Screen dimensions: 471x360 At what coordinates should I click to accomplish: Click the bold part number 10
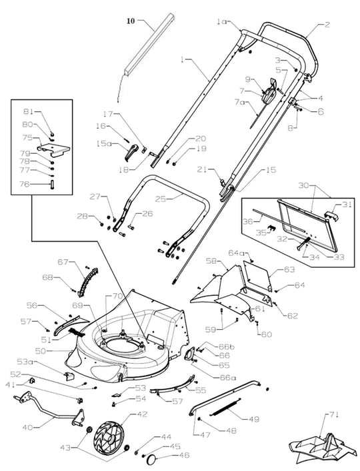coord(131,21)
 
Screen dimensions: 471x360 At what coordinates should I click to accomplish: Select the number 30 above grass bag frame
coord(322,185)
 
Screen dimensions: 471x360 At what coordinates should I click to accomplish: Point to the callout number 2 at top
coord(327,25)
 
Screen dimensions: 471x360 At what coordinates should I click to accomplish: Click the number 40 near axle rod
coord(28,427)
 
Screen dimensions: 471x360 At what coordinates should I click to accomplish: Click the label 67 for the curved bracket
coord(63,262)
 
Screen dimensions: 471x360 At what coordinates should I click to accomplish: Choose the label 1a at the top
coord(222,22)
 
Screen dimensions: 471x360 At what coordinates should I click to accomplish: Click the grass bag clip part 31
coord(329,215)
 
